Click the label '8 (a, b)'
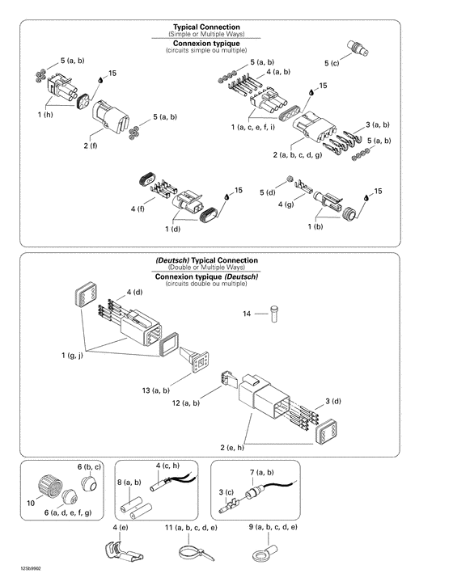pos(129,483)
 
